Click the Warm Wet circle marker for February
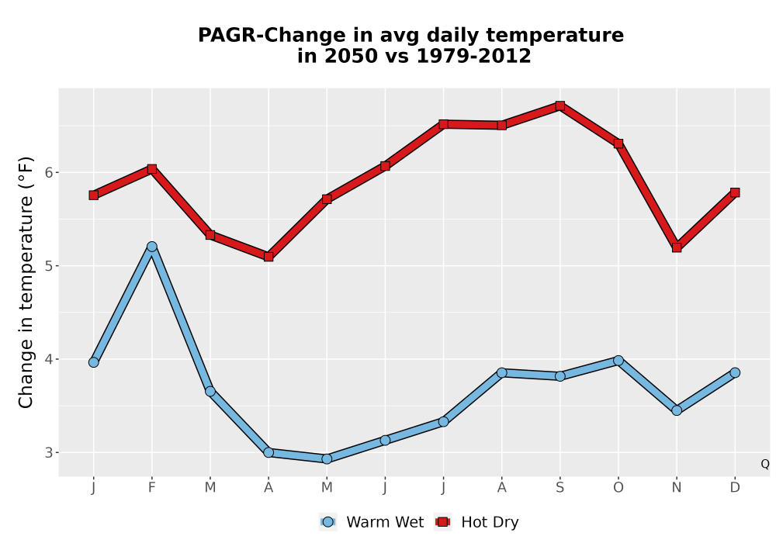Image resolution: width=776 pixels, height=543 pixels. coord(152,247)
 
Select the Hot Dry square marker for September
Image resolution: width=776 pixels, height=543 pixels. coord(559,105)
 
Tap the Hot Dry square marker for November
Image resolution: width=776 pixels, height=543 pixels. coord(677,247)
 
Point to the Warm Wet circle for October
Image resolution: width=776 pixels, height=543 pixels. coord(618,361)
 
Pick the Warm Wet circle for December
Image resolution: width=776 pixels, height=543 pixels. coord(735,372)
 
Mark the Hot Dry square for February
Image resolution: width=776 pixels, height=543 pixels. coord(152,169)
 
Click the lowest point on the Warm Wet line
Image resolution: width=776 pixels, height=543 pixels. coord(327,459)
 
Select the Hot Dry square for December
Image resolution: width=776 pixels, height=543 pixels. coord(735,192)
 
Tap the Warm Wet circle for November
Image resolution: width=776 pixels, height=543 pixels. coord(677,410)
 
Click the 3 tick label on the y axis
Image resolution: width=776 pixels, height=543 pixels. coord(48,452)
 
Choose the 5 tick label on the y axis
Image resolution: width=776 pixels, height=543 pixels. coord(48,266)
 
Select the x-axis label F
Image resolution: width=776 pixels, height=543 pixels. coord(152,488)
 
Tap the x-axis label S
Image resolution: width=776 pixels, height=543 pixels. coord(559,488)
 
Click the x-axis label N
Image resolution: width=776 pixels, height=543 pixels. coord(677,488)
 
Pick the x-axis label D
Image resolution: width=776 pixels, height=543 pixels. coord(735,488)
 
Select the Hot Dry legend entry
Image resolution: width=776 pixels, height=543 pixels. coord(477,522)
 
